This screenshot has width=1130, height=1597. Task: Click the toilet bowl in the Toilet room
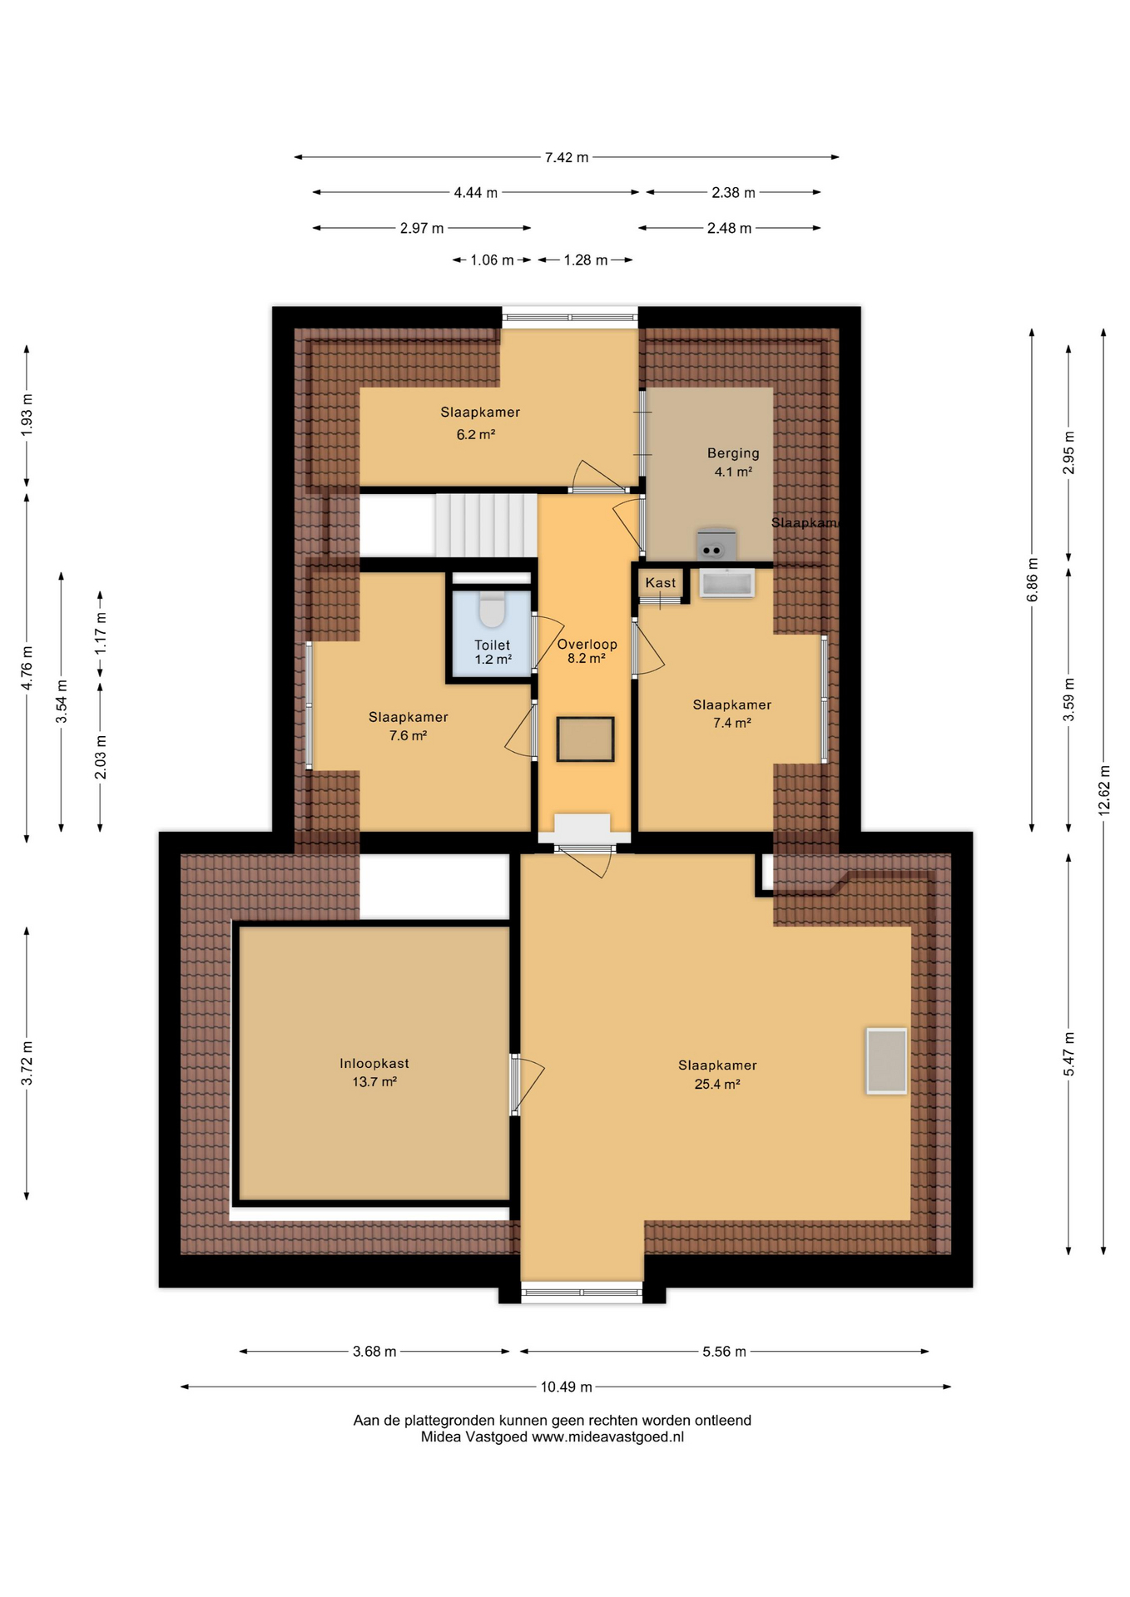[493, 608]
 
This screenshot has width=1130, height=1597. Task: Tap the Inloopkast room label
[374, 1063]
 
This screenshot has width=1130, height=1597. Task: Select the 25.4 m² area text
[717, 1084]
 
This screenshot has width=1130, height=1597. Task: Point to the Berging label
[733, 453]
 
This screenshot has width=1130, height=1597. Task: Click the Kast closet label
[661, 582]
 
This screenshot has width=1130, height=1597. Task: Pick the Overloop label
[587, 644]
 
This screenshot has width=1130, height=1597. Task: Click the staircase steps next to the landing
[486, 525]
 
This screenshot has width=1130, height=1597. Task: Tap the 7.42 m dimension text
[567, 157]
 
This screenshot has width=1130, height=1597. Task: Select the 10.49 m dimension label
[567, 1387]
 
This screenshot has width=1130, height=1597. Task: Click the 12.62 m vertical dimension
[1104, 790]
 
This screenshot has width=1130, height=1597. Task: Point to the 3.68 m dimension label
[374, 1351]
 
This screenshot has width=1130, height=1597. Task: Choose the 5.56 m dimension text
[724, 1351]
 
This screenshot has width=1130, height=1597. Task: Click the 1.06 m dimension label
[492, 260]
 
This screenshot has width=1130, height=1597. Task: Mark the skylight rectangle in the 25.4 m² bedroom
[886, 1061]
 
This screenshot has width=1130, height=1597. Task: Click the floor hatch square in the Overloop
[586, 739]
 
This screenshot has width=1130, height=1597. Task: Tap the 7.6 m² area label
[408, 735]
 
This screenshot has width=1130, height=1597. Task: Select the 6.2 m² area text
[476, 434]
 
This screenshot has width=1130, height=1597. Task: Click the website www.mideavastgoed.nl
[608, 1436]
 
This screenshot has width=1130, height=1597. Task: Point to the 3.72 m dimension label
[27, 1063]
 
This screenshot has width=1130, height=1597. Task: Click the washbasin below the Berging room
[727, 582]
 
